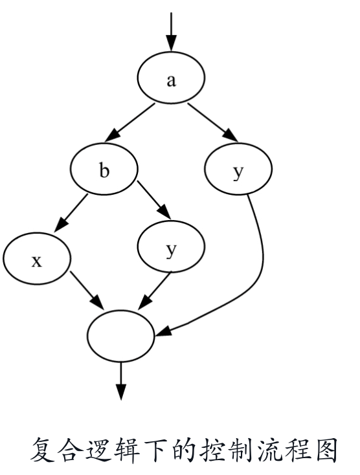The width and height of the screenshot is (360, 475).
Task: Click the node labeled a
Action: [x=171, y=77]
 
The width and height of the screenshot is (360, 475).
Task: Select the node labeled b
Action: [x=104, y=169]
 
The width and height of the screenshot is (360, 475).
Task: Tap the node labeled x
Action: [x=37, y=258]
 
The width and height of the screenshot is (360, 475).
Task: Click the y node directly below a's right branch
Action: [x=238, y=169]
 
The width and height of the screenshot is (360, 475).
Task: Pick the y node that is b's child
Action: [x=171, y=247]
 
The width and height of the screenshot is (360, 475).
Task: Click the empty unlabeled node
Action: [x=121, y=336]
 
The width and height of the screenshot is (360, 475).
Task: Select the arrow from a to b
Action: [x=130, y=122]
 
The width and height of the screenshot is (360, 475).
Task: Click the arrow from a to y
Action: [x=213, y=122]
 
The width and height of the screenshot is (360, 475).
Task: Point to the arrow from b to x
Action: [x=71, y=214]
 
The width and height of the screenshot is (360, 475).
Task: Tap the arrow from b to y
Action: [x=154, y=200]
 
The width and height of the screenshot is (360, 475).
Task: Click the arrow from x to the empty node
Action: [x=87, y=291]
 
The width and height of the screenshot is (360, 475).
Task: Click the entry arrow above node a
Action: [x=171, y=32]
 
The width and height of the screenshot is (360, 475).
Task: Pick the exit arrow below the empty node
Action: [x=121, y=381]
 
